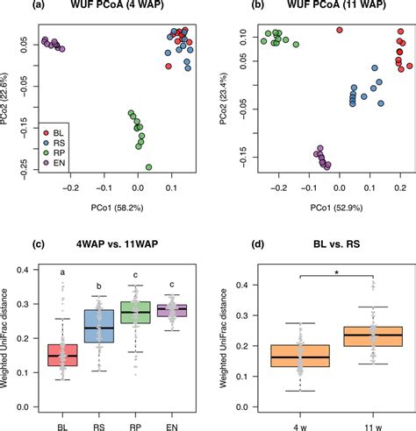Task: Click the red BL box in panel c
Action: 61,355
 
